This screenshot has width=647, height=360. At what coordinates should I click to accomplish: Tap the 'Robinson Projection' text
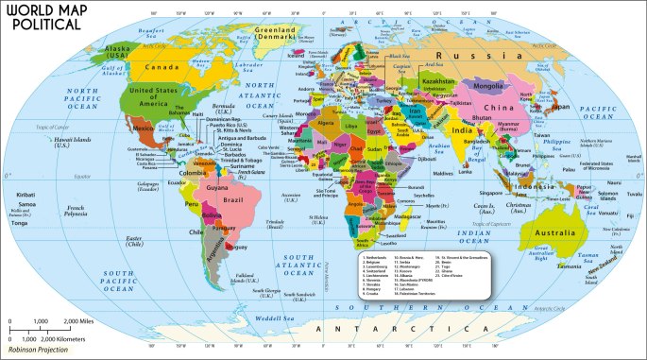click(x=39, y=352)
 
